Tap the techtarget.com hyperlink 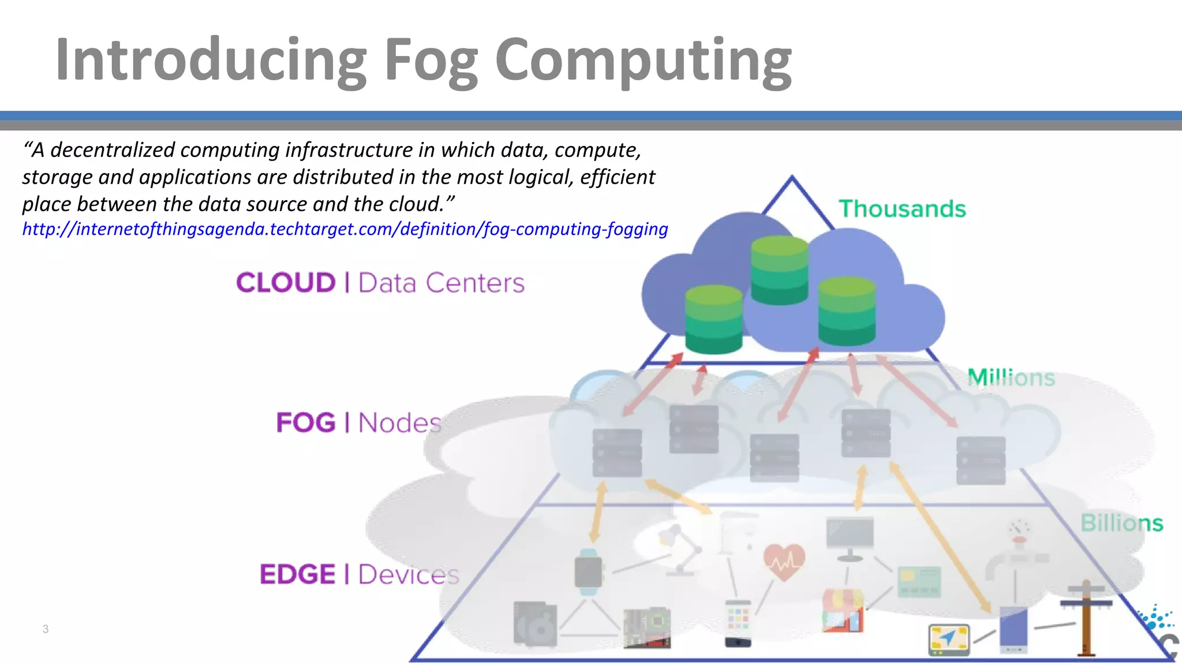(x=345, y=229)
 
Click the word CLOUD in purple (x=286, y=283)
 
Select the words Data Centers (x=442, y=283)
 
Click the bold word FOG (x=306, y=423)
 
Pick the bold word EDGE (x=297, y=574)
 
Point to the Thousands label (x=902, y=209)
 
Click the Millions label (x=1011, y=378)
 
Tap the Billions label (x=1121, y=523)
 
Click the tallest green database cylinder (x=779, y=270)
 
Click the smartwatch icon (x=588, y=572)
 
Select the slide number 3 (x=46, y=629)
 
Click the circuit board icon (x=647, y=627)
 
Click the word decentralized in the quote (x=113, y=150)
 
